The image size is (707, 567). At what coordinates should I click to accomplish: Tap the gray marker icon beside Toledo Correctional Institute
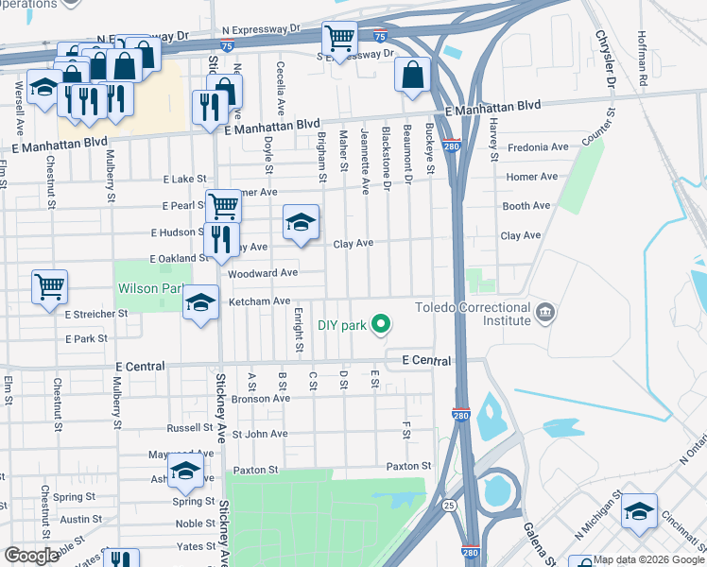point(544,311)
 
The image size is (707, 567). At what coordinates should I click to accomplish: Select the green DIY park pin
point(381,325)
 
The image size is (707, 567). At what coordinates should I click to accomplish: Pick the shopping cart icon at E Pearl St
point(223,204)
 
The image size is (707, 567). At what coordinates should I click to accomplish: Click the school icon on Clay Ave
point(301,223)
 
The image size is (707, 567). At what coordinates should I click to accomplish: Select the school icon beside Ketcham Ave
point(199,302)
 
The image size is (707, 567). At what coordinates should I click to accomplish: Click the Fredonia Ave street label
point(537,147)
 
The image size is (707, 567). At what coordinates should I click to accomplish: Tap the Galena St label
point(535,540)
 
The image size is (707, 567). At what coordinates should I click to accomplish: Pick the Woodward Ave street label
point(264,273)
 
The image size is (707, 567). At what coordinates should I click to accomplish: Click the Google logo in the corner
point(31,556)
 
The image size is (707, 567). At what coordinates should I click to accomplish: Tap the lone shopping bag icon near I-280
point(412,76)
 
